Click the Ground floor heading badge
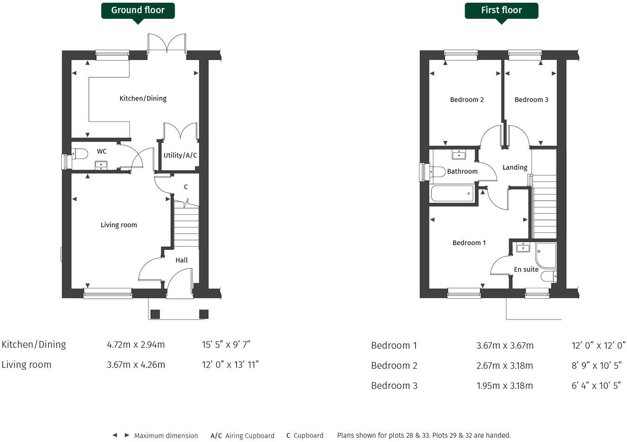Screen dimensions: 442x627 [x=138, y=10]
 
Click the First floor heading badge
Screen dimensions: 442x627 [x=501, y=10]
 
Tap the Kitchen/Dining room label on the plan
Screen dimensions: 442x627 [x=143, y=98]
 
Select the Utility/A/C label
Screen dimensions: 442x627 [x=180, y=155]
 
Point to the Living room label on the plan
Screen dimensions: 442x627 [x=119, y=225]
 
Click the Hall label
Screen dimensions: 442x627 [x=181, y=260]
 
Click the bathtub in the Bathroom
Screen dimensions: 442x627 [x=453, y=193]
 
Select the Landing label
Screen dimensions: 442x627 [x=515, y=167]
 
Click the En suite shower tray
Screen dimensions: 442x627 [x=546, y=255]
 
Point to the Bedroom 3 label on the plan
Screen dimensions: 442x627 [x=531, y=100]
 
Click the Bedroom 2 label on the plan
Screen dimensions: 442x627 [x=467, y=100]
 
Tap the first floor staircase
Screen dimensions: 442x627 [x=544, y=204]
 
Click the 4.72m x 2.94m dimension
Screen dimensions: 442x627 [x=136, y=345]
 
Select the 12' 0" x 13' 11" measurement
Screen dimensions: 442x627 [x=230, y=365]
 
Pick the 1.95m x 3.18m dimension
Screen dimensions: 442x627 [x=505, y=385]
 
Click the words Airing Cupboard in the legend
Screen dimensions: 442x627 [x=250, y=436]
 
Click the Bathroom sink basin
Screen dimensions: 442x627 [x=459, y=154]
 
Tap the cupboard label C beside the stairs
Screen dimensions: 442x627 [x=186, y=187]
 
